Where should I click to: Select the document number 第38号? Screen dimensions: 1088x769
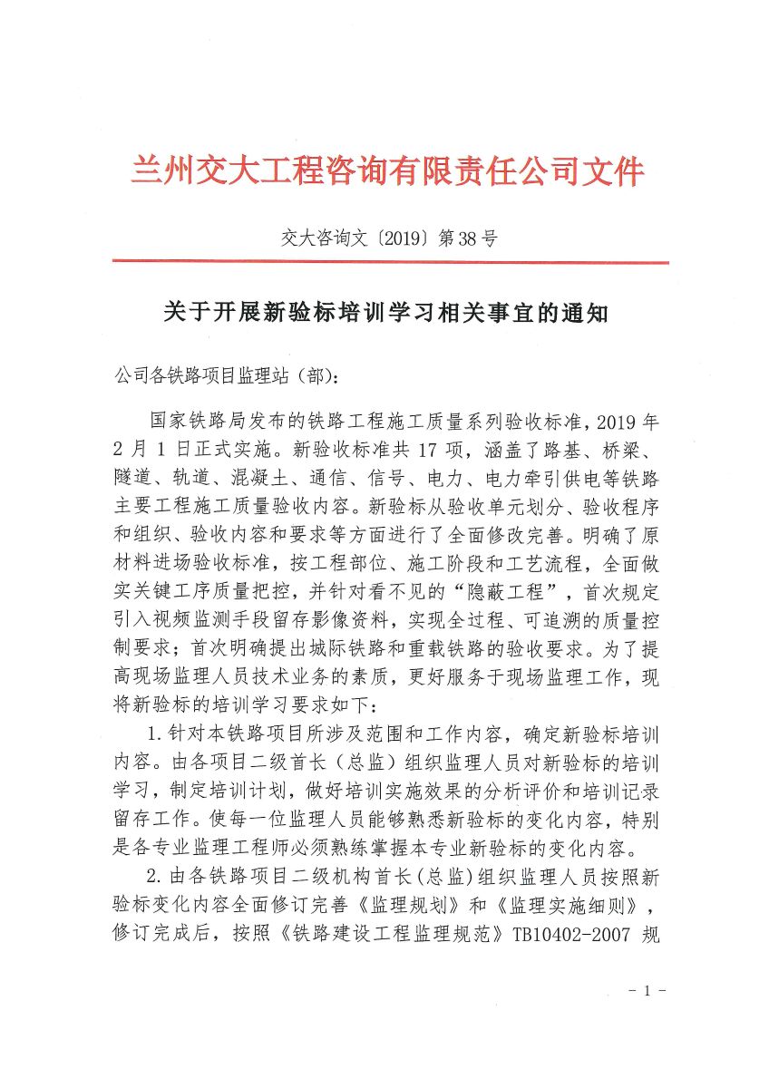(468, 239)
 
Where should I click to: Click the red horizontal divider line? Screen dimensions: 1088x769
(390, 263)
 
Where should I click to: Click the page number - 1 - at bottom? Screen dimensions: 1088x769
(647, 991)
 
